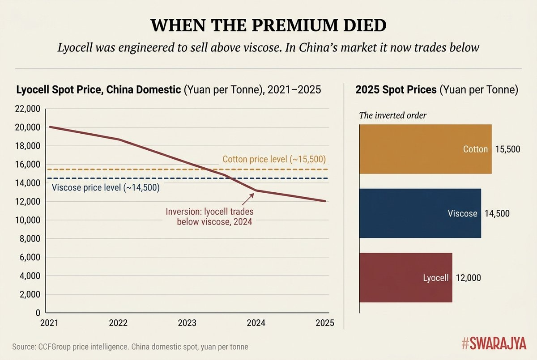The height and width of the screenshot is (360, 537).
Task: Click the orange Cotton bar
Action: click(426, 149)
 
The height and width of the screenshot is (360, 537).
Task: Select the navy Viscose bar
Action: click(420, 213)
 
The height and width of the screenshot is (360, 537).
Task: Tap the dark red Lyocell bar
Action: click(406, 278)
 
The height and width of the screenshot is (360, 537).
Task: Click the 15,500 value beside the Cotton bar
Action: click(508, 149)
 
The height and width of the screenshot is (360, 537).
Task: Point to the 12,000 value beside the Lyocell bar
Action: click(468, 278)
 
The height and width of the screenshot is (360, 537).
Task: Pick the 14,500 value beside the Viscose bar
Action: click(497, 213)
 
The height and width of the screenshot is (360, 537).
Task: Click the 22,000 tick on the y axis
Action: click(28, 109)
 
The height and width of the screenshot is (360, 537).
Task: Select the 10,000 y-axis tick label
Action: click(28, 220)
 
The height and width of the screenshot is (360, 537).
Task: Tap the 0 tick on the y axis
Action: click(38, 313)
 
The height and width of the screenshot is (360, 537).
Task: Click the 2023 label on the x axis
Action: click(187, 323)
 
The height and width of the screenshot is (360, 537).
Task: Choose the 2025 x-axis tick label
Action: click(325, 323)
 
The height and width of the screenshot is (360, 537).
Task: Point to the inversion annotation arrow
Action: click(248, 199)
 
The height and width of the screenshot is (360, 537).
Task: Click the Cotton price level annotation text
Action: click(274, 159)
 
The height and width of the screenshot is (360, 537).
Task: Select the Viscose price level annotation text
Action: click(106, 187)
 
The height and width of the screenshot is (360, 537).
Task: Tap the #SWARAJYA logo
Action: click(494, 343)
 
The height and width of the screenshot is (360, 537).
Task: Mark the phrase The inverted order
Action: click(393, 115)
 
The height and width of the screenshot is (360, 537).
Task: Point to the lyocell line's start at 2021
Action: click(49, 127)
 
